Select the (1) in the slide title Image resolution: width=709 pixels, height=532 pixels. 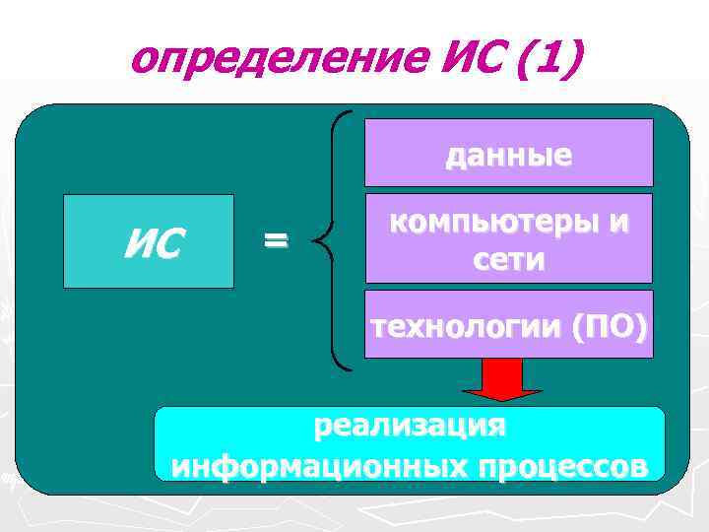(x=542, y=61)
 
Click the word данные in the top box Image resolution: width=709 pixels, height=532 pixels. (x=508, y=156)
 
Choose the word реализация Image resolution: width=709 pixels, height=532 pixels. (x=410, y=427)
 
